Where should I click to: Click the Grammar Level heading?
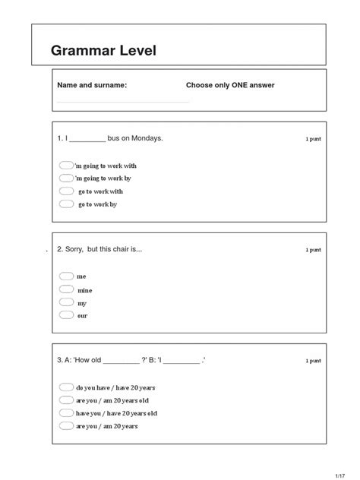coord(103,51)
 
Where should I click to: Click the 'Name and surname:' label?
coord(92,85)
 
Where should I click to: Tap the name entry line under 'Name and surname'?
coord(123,101)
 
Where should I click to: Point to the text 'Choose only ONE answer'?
coord(230,85)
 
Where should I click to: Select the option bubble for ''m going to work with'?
coord(66,165)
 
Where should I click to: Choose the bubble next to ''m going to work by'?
coord(66,178)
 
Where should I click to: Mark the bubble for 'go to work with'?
coord(66,191)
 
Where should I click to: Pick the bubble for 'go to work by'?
coord(66,204)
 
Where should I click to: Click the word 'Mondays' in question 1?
coord(147,138)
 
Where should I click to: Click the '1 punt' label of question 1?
coord(313,139)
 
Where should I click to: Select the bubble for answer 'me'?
coord(66,276)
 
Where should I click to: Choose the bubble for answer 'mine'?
coord(66,289)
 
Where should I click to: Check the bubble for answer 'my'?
coord(66,302)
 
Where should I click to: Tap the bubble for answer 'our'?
coord(66,314)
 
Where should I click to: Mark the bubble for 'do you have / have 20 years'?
coord(66,387)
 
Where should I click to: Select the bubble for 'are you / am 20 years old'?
coord(66,399)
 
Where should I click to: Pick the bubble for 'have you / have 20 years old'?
coord(66,412)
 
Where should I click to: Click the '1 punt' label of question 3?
coord(313,361)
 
